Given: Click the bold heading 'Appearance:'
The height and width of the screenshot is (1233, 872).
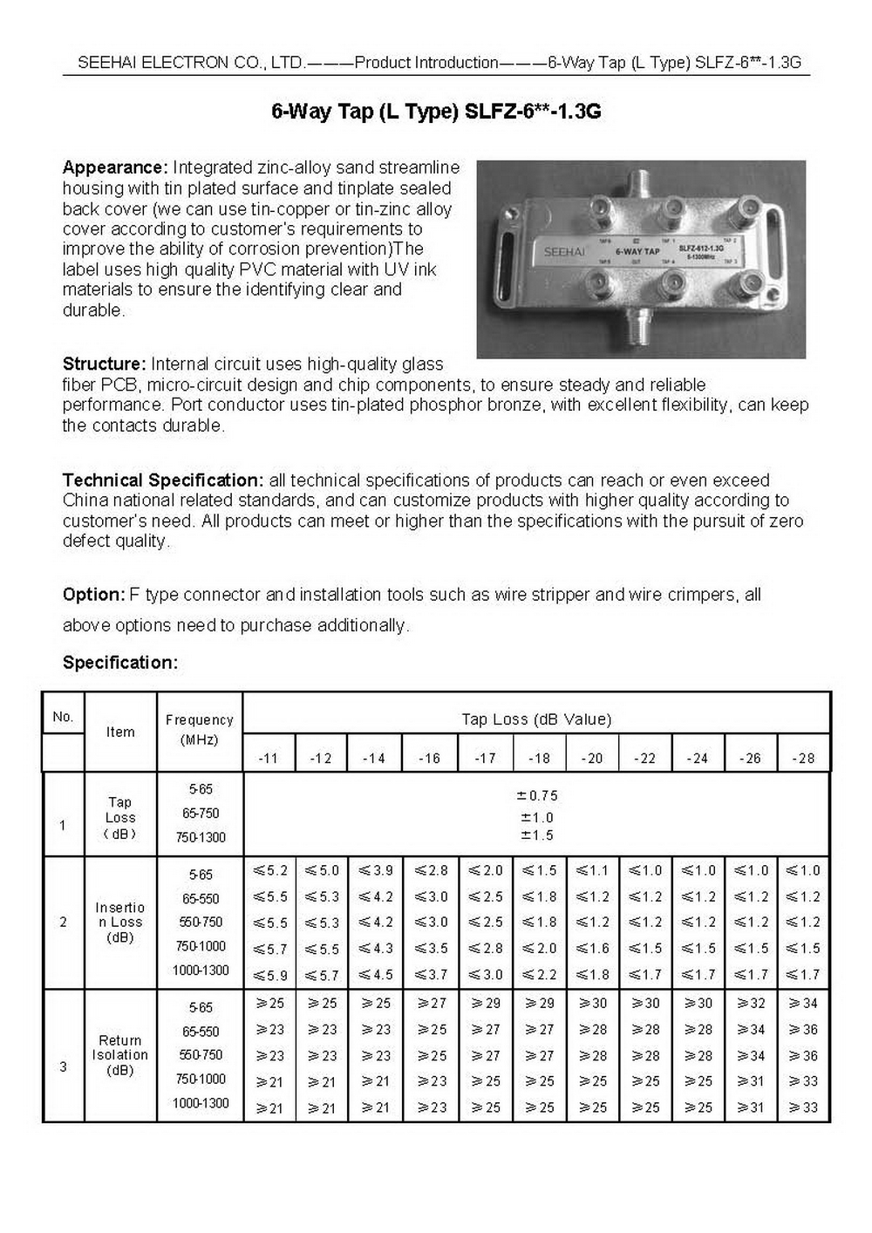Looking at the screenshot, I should pos(114,167).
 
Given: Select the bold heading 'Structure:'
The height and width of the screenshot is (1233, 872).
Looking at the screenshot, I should pos(104,364).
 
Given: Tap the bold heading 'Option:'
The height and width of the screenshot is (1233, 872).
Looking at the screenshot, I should pos(93,595).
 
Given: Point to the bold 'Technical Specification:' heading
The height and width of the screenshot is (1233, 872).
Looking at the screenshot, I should pos(163,480).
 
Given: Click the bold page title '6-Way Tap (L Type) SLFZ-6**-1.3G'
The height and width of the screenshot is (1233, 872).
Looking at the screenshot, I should pos(436,112).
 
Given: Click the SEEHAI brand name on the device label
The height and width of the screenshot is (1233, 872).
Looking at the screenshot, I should pos(564,251).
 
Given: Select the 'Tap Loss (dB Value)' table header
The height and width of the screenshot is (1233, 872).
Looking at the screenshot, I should pos(536,719).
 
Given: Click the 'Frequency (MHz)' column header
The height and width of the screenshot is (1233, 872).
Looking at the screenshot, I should pos(200,730).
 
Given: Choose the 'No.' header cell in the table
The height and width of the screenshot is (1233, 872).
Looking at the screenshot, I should pos(63,717).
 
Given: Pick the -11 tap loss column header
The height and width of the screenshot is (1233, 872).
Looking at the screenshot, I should pos(269,759).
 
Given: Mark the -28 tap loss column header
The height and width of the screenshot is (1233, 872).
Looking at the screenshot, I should pos(803,759).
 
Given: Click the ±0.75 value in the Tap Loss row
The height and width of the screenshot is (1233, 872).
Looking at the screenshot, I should pos(537,795).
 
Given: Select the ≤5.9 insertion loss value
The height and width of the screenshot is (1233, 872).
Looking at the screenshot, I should pos(270,975).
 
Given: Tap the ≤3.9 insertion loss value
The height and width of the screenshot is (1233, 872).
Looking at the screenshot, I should pos(375,870).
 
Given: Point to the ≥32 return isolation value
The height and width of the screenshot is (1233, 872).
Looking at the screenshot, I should pos(751,1004).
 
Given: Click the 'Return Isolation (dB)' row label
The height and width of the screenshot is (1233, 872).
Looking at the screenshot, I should pos(120,1055).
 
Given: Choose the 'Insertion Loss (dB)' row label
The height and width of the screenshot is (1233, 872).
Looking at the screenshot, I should pos(120,923).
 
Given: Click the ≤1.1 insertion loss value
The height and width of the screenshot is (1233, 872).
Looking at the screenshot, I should pos(592,870).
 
